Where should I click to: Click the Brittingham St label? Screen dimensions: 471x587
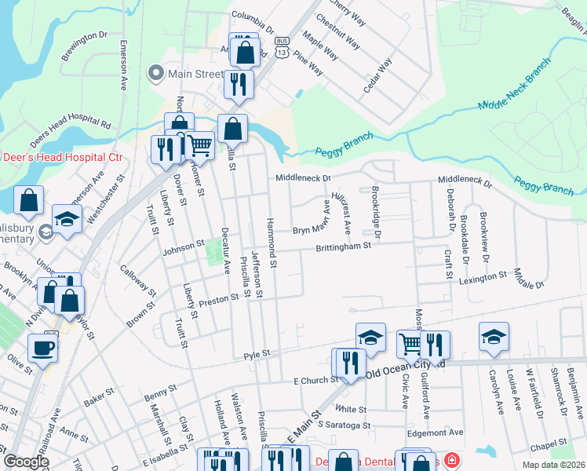point(343,246)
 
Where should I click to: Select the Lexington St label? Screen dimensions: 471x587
point(483,278)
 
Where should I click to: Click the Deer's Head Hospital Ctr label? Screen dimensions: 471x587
point(62,157)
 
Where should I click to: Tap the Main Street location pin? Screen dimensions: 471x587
point(155,75)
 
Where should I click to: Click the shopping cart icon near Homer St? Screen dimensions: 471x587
point(200,145)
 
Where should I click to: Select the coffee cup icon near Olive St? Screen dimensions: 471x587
point(42,346)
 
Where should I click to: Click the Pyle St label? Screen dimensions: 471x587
point(256,355)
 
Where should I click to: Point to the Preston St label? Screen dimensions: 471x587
point(218,299)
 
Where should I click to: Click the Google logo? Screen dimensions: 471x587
point(26,461)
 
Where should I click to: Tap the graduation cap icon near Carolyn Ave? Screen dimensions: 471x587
point(494,336)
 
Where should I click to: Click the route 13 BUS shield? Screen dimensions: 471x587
point(283,41)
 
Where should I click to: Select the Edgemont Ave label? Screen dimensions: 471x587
point(435,433)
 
